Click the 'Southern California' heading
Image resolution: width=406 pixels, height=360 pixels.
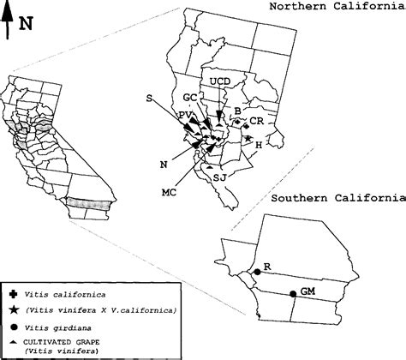point(337,199)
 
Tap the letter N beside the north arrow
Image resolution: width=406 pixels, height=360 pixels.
point(27,24)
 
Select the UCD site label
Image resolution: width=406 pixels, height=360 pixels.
point(220,81)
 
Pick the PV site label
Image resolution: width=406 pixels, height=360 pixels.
point(185,115)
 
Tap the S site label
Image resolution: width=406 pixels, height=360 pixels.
point(150,99)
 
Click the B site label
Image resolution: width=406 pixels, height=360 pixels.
point(236,111)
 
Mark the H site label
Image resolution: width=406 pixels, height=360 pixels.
point(259,145)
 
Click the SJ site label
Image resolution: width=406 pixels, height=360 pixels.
point(219,177)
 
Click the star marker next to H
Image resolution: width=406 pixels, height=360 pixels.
point(248,139)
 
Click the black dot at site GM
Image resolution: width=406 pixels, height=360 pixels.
point(293,294)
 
